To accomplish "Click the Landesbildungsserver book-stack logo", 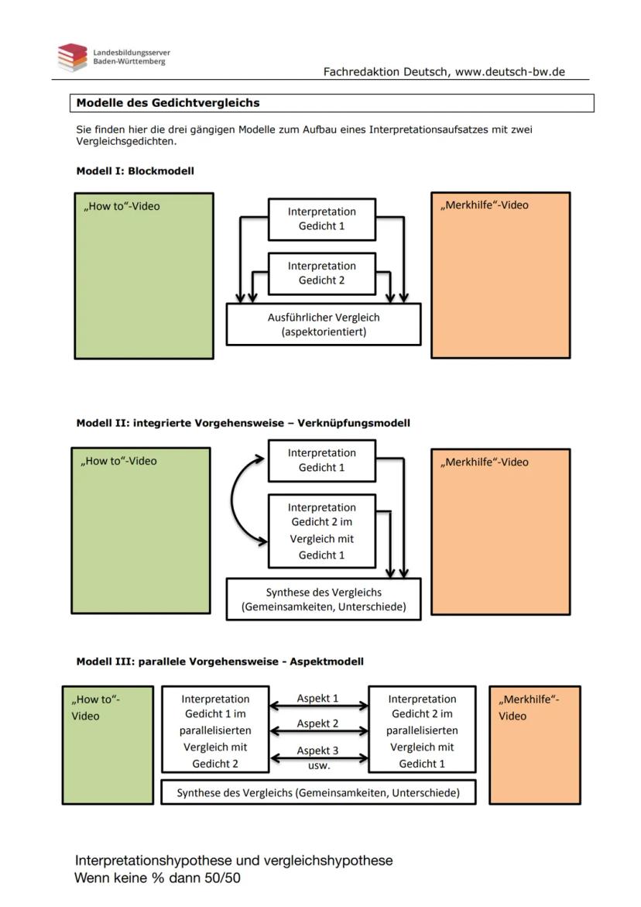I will [72, 57].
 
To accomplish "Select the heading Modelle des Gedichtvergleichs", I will [168, 102].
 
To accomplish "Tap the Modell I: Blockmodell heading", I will [135, 171].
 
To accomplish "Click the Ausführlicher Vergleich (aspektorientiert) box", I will [323, 324].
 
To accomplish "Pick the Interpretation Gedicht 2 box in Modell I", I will [322, 273].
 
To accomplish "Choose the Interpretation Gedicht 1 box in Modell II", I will [322, 460].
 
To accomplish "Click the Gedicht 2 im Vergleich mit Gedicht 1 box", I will [322, 531].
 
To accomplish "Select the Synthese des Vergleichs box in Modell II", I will [323, 599].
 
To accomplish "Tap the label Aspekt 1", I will [317, 698].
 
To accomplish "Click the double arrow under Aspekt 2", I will [318, 731].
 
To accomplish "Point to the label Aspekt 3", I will [317, 751].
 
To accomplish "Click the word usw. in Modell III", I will [318, 765].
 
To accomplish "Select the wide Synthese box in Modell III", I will [317, 792].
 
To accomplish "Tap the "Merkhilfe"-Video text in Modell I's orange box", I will [485, 205].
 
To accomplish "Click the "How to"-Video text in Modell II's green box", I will [118, 461].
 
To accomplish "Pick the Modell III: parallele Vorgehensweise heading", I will [220, 661].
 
